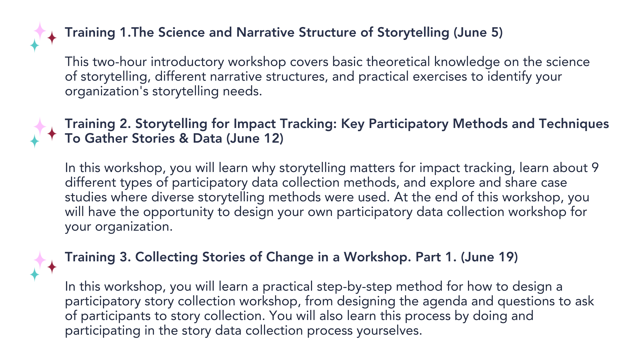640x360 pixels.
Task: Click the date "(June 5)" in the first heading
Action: (x=478, y=33)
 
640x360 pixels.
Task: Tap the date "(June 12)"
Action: (x=255, y=138)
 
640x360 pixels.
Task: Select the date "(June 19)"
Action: (x=489, y=257)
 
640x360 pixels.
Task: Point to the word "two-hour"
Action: (x=119, y=62)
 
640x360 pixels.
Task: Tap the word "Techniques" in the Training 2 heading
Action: (x=574, y=124)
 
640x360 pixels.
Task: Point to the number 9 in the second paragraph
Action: (x=595, y=168)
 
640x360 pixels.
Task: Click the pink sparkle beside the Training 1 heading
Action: (x=40, y=31)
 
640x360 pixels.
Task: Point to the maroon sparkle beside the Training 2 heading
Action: (x=52, y=134)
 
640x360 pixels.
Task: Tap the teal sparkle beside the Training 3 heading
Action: (x=35, y=274)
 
